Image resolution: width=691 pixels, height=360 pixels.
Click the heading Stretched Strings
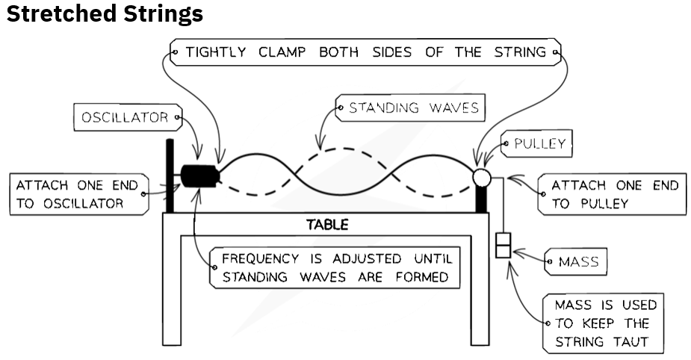105,13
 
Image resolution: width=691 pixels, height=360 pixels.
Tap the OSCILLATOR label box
128,117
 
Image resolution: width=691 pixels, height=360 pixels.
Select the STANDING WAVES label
410,108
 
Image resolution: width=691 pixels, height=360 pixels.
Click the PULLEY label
536,143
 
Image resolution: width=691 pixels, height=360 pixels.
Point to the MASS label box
575,261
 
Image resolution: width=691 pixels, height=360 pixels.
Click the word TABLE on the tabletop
327,225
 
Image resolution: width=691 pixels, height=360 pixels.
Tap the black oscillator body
200,176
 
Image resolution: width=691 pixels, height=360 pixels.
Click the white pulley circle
482,178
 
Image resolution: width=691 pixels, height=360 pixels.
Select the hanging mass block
503,245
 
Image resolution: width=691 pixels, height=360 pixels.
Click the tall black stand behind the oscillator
170,176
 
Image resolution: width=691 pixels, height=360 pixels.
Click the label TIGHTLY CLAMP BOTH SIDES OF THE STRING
366,52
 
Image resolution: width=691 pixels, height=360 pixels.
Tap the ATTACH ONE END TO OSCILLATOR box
79,194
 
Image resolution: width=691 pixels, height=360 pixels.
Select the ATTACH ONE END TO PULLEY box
612,194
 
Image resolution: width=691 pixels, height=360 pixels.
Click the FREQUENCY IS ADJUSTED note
335,268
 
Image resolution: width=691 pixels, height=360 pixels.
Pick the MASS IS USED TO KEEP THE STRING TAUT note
603,323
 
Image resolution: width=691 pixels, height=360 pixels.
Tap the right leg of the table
480,290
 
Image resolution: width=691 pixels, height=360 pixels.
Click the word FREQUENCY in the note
261,258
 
